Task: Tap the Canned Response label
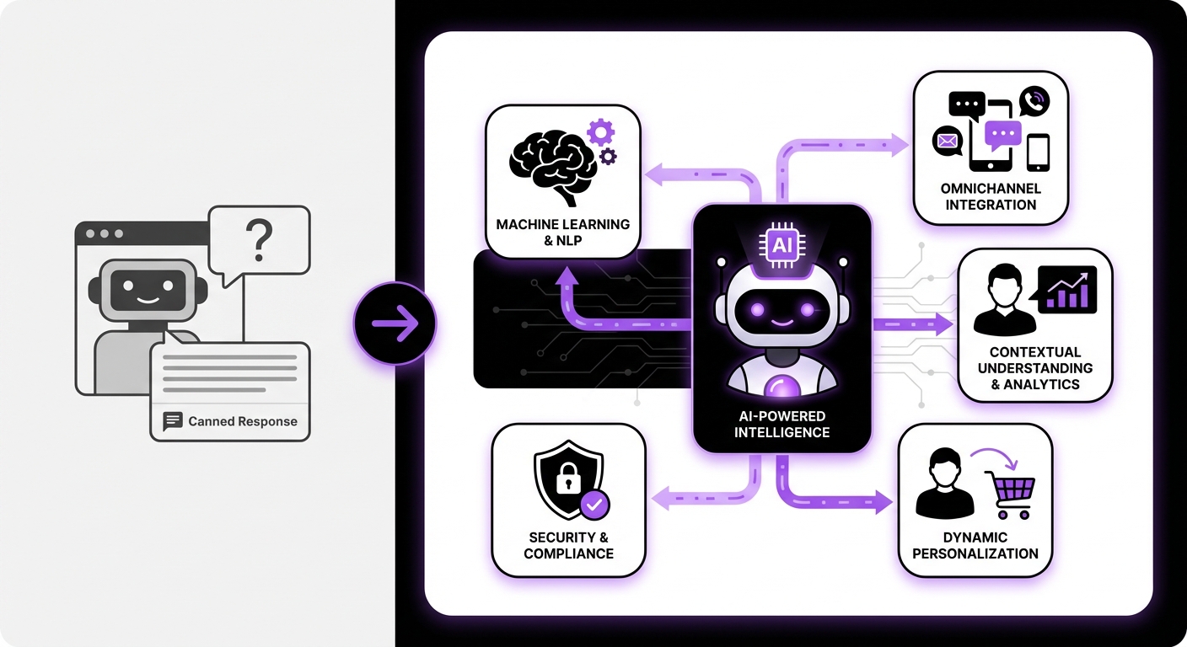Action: tap(242, 421)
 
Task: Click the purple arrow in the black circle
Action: tap(395, 323)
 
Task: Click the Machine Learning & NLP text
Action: tap(562, 233)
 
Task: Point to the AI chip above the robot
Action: tap(781, 245)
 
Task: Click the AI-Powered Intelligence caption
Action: tap(781, 425)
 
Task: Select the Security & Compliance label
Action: tap(568, 545)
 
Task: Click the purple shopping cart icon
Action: tap(1010, 493)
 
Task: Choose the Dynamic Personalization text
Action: tap(975, 545)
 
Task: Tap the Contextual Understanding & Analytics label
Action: tap(1034, 368)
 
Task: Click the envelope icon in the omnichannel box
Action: tap(948, 141)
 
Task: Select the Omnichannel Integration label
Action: tap(991, 196)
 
